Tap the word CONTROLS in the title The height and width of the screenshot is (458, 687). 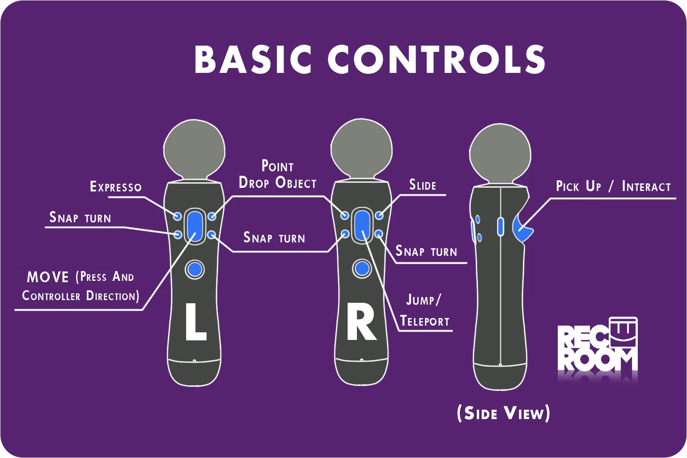(437, 59)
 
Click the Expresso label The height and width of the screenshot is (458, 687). (116, 187)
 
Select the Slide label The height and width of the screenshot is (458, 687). (423, 185)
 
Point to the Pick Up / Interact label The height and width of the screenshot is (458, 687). (613, 186)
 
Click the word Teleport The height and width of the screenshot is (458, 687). (424, 321)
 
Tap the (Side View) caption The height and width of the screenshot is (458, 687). (503, 413)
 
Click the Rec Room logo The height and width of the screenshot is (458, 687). (598, 348)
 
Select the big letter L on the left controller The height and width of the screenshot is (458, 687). (195, 322)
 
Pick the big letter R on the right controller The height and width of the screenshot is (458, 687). (361, 322)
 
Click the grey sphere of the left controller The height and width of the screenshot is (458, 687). (194, 149)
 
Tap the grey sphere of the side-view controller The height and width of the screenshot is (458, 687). (500, 153)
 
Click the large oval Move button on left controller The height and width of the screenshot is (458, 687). (195, 225)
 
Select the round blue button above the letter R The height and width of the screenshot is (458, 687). (362, 269)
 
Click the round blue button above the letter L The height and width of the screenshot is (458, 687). (195, 269)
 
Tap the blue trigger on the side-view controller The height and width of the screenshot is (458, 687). (522, 229)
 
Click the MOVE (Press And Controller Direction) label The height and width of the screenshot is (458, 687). (81, 286)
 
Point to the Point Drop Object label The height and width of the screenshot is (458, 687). (277, 174)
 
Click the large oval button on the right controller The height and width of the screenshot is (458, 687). (362, 225)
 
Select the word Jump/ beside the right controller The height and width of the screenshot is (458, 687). (423, 300)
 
